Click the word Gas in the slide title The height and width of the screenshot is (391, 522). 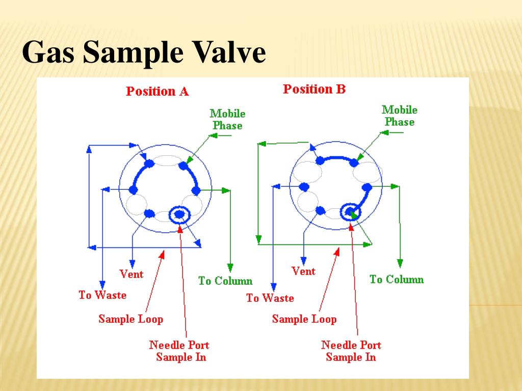pyautogui.click(x=47, y=53)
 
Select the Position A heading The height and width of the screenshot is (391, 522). pyautogui.click(x=158, y=92)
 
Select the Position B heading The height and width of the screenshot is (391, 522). pyautogui.click(x=315, y=90)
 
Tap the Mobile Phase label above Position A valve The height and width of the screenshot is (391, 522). pyautogui.click(x=227, y=120)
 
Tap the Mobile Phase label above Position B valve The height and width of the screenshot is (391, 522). pyautogui.click(x=400, y=116)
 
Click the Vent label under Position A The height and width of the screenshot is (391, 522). pyautogui.click(x=132, y=274)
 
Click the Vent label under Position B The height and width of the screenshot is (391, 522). pyautogui.click(x=303, y=272)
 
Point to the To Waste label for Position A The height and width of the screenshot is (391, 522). pyautogui.click(x=102, y=295)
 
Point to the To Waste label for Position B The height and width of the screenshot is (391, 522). pyautogui.click(x=270, y=298)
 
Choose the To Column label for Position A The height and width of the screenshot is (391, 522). pyautogui.click(x=225, y=281)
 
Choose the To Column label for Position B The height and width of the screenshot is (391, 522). pyautogui.click(x=397, y=280)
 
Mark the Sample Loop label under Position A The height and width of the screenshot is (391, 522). pyautogui.click(x=131, y=320)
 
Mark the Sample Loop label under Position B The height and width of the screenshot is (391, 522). pyautogui.click(x=304, y=320)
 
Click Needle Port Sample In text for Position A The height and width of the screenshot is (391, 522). pyautogui.click(x=179, y=351)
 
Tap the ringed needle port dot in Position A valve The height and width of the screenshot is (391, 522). pyautogui.click(x=179, y=215)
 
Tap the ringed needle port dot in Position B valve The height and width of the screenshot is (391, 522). pyautogui.click(x=350, y=211)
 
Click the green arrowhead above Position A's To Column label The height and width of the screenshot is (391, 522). pyautogui.click(x=230, y=267)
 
